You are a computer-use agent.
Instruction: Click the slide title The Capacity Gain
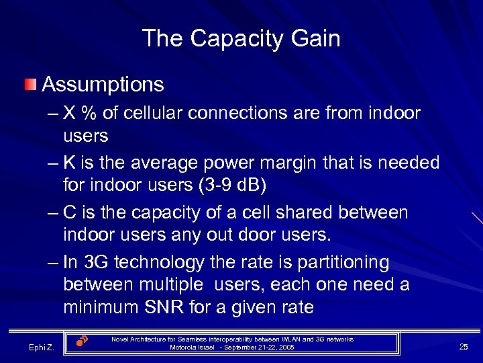241,38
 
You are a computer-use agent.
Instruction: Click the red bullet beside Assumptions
30,85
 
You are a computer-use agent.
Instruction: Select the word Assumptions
103,85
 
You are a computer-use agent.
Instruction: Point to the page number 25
464,346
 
